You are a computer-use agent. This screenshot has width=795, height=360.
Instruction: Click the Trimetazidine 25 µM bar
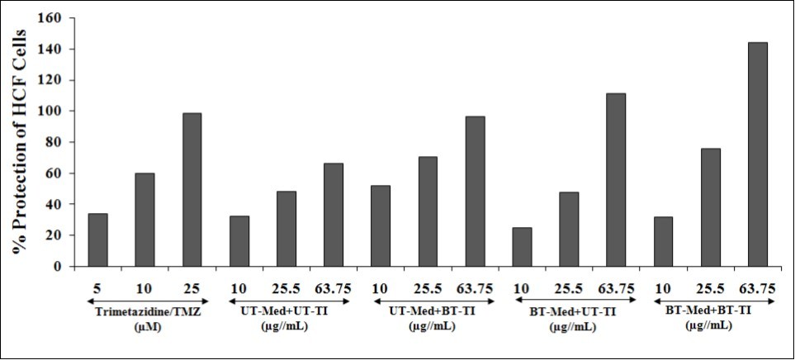pyautogui.click(x=192, y=190)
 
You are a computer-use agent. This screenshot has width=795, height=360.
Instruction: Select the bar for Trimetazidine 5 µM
pyautogui.click(x=97, y=240)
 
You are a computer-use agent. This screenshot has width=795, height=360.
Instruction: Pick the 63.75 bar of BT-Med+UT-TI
pyautogui.click(x=616, y=180)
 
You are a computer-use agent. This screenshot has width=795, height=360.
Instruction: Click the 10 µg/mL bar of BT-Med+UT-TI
pyautogui.click(x=522, y=247)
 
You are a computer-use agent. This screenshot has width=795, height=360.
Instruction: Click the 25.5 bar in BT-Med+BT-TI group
pyautogui.click(x=710, y=207)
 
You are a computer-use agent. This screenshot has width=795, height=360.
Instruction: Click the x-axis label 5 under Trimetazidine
pyautogui.click(x=97, y=288)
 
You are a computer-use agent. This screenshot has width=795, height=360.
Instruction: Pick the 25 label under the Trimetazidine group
pyautogui.click(x=192, y=288)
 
